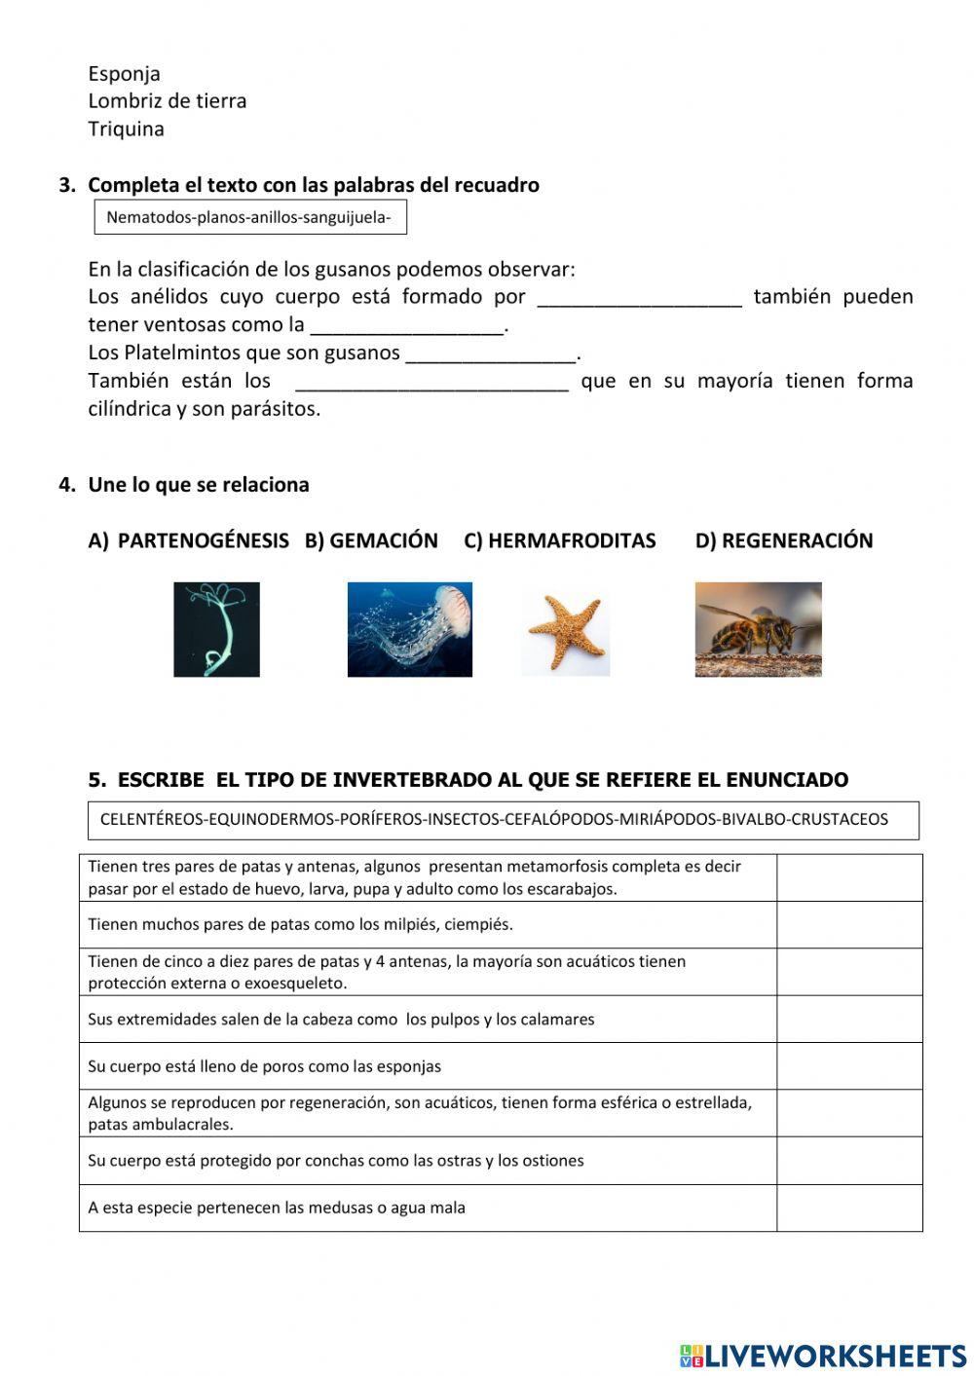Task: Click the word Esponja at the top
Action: (x=124, y=74)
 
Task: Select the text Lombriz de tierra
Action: (x=167, y=101)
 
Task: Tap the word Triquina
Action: (x=126, y=130)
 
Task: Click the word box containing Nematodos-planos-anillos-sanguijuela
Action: (x=249, y=217)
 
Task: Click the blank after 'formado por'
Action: (x=639, y=298)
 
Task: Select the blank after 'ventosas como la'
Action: (x=406, y=326)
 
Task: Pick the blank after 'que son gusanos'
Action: (x=491, y=353)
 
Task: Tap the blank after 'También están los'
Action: (x=431, y=382)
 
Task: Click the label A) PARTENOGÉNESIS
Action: (x=188, y=541)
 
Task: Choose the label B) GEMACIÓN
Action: (x=371, y=541)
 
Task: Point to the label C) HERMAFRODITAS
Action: (x=559, y=541)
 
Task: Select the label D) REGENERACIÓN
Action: (x=783, y=541)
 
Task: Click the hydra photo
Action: (x=216, y=629)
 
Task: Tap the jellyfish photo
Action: (x=409, y=629)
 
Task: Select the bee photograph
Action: (x=758, y=629)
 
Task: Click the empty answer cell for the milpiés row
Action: (x=848, y=925)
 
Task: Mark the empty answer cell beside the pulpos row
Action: (x=848, y=1020)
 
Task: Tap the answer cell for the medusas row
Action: (x=848, y=1209)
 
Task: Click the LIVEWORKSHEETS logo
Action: (x=822, y=1356)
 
